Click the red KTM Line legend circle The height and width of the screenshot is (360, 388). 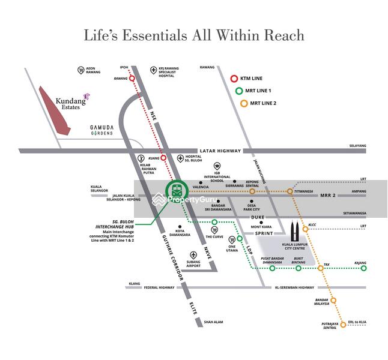click(234, 79)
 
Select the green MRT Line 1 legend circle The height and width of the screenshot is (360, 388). click(239, 91)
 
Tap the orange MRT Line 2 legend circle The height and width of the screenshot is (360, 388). click(244, 103)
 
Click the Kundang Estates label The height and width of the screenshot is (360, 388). click(70, 102)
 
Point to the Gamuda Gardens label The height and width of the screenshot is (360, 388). click(102, 130)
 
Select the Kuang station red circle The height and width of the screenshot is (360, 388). click(163, 158)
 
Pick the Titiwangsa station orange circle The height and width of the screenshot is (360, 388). click(290, 191)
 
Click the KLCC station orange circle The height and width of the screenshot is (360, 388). click(305, 229)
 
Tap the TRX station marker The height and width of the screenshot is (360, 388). click(321, 268)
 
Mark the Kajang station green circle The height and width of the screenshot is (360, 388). click(363, 268)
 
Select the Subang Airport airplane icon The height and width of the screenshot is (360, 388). click(193, 255)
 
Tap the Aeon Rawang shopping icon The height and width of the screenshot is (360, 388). click(81, 70)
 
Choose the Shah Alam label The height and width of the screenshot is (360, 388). click(213, 322)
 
